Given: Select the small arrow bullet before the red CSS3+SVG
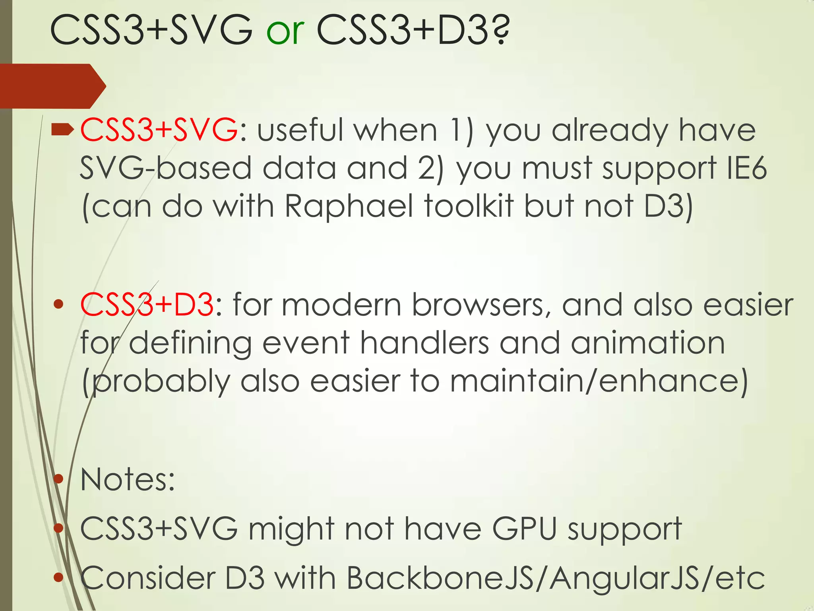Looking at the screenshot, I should [x=62, y=129].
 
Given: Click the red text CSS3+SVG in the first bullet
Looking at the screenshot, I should [x=159, y=130].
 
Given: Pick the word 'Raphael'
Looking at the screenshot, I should [x=349, y=206].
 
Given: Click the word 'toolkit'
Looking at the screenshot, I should [x=469, y=206].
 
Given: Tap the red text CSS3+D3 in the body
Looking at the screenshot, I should [x=147, y=305].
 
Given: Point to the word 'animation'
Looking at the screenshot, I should [x=648, y=343].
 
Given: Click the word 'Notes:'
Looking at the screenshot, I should [x=127, y=480].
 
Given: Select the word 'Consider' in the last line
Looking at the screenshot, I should [x=147, y=578].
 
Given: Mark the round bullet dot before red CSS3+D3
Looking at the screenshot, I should [x=58, y=305].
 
